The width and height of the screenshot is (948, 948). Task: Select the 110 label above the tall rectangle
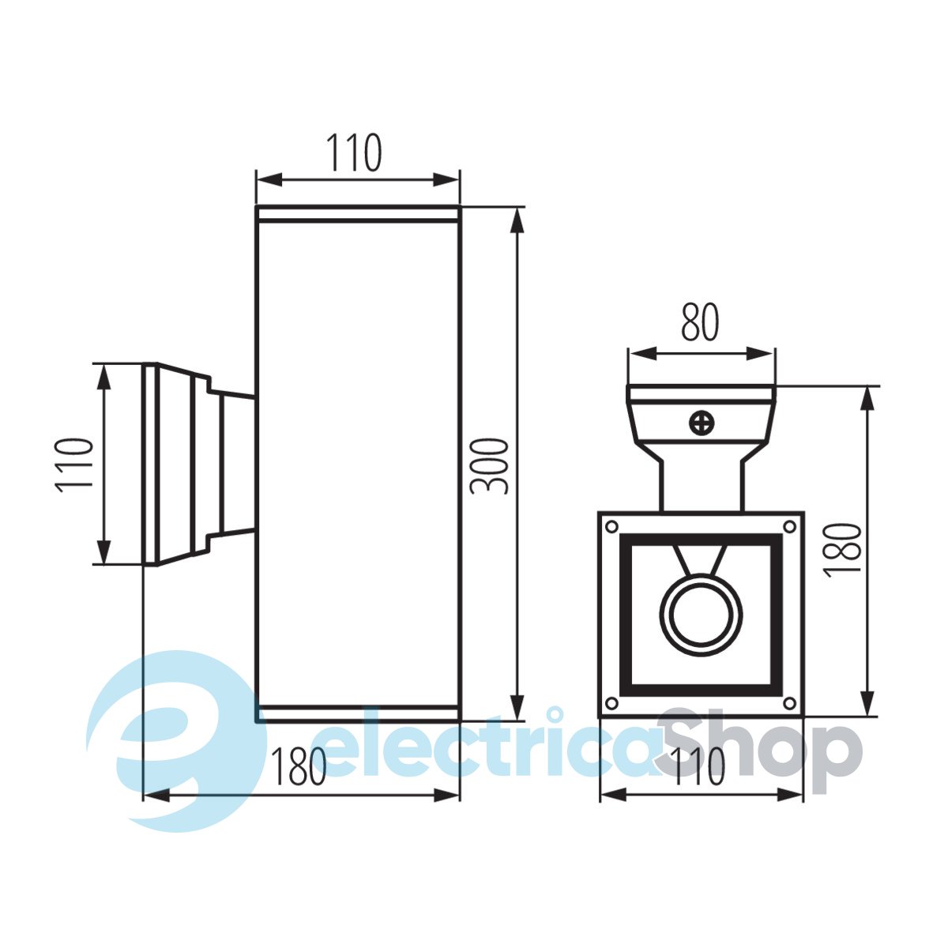click(354, 152)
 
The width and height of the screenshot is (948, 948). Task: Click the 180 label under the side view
click(299, 766)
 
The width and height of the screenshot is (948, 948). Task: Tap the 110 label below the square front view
click(698, 766)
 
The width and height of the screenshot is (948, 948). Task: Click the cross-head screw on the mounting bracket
click(702, 423)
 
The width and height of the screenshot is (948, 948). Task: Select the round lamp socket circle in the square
click(701, 616)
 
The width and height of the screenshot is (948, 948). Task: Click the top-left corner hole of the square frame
click(611, 527)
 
